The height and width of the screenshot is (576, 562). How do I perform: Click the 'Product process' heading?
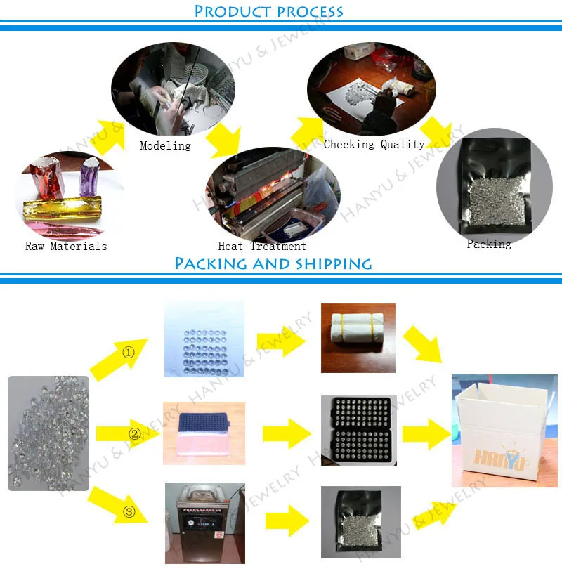[x=269, y=11]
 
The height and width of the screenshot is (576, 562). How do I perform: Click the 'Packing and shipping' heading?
[x=273, y=264]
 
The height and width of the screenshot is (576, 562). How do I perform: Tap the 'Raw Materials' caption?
[x=66, y=246]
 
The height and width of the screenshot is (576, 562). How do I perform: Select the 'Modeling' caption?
[x=165, y=145]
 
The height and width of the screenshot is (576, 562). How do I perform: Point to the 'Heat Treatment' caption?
[x=262, y=246]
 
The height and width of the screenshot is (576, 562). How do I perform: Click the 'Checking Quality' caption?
[x=374, y=144]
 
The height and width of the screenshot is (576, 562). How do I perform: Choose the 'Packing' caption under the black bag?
[x=489, y=244]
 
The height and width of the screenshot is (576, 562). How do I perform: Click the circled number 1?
[x=129, y=353]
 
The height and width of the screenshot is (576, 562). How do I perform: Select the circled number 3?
[x=129, y=511]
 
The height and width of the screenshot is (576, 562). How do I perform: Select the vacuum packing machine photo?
[x=204, y=523]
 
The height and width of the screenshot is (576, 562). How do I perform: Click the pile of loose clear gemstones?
[x=48, y=433]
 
